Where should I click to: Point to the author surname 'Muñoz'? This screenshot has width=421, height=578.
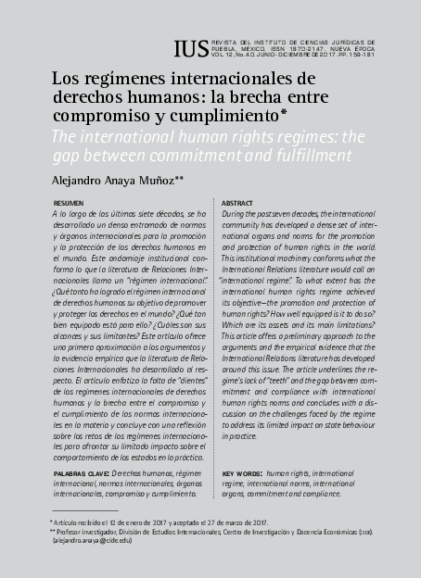click(x=162, y=182)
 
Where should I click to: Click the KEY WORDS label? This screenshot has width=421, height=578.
click(x=243, y=472)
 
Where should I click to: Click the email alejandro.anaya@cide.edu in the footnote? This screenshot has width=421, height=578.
click(x=91, y=541)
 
